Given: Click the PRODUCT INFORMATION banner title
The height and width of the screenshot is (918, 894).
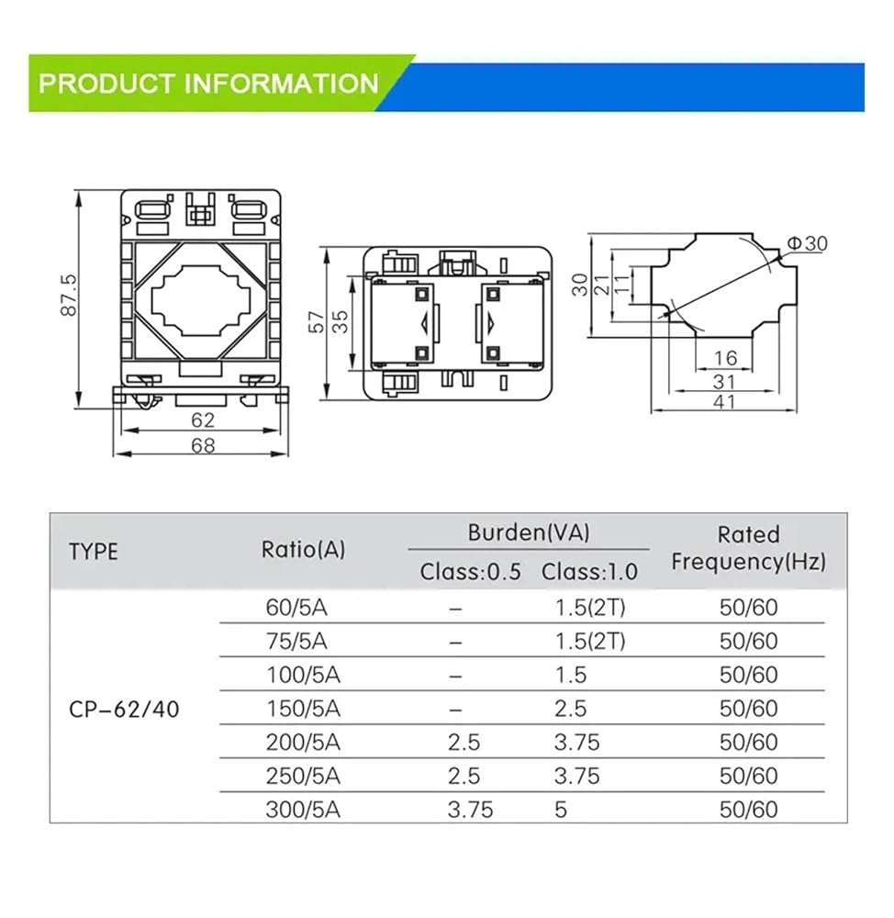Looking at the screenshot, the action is [208, 84].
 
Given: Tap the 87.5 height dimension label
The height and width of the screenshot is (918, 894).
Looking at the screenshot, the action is [69, 295].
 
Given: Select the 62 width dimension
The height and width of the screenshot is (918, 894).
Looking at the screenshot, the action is [203, 420].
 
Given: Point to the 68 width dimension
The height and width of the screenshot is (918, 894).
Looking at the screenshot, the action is [203, 445].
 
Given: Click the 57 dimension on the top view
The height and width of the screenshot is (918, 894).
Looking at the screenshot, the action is [316, 322].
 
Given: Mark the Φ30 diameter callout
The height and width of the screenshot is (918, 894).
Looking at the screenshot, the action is [807, 243].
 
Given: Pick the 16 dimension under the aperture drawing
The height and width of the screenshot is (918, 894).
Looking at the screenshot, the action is [725, 358].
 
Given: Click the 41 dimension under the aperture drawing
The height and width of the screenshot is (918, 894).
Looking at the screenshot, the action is [724, 402].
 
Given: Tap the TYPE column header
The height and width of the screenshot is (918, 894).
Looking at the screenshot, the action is [94, 552].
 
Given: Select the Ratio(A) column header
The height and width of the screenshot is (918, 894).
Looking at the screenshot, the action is [303, 550].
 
